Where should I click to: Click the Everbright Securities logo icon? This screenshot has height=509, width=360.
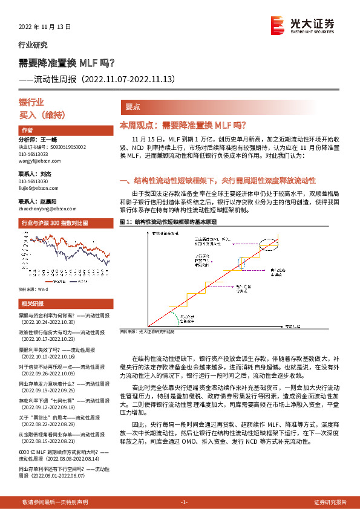click(278, 26)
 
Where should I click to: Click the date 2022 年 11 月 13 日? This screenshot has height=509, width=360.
click(45, 27)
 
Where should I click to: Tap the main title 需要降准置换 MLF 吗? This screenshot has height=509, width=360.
click(71, 63)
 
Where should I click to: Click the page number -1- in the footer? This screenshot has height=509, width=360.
click(185, 502)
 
